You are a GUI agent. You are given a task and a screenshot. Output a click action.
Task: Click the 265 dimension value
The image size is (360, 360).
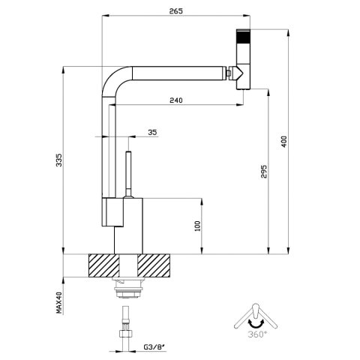pyautogui.click(x=176, y=11)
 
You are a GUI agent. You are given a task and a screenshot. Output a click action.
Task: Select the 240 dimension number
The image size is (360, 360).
pyautogui.click(x=176, y=100)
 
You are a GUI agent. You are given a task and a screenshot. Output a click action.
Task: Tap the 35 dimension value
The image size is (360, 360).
pyautogui.click(x=152, y=132)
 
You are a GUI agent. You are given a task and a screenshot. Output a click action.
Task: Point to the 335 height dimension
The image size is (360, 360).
pyautogui.click(x=58, y=160)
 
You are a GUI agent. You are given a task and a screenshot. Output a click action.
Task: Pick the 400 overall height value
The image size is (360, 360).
pyautogui.click(x=284, y=142)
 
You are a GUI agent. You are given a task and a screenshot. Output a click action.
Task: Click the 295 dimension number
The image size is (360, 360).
pyautogui.click(x=264, y=171)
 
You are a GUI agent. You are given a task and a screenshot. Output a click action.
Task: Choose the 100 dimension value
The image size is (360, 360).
pyautogui.click(x=197, y=226)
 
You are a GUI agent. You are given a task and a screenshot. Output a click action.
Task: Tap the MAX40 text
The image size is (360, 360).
pyautogui.click(x=58, y=302)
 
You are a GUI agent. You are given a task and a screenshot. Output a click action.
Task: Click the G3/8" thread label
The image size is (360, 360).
pyautogui.click(x=154, y=347)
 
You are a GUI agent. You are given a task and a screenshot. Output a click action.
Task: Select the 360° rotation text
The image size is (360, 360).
pyautogui.click(x=257, y=334)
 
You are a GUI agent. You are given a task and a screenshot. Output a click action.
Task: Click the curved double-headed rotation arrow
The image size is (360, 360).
pyautogui.click(x=256, y=323)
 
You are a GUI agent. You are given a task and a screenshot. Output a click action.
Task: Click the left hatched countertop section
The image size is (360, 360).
pyautogui.click(x=104, y=265)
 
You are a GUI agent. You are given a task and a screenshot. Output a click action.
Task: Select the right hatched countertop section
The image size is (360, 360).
pyautogui.click(x=154, y=265)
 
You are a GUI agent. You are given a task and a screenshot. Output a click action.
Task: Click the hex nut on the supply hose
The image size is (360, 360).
pyautogui.click(x=126, y=334)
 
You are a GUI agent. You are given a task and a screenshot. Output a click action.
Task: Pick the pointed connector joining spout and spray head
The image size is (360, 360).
pyautogui.click(x=237, y=73)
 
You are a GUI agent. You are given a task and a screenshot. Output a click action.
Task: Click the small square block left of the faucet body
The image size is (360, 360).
pyautogui.click(x=112, y=212)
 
